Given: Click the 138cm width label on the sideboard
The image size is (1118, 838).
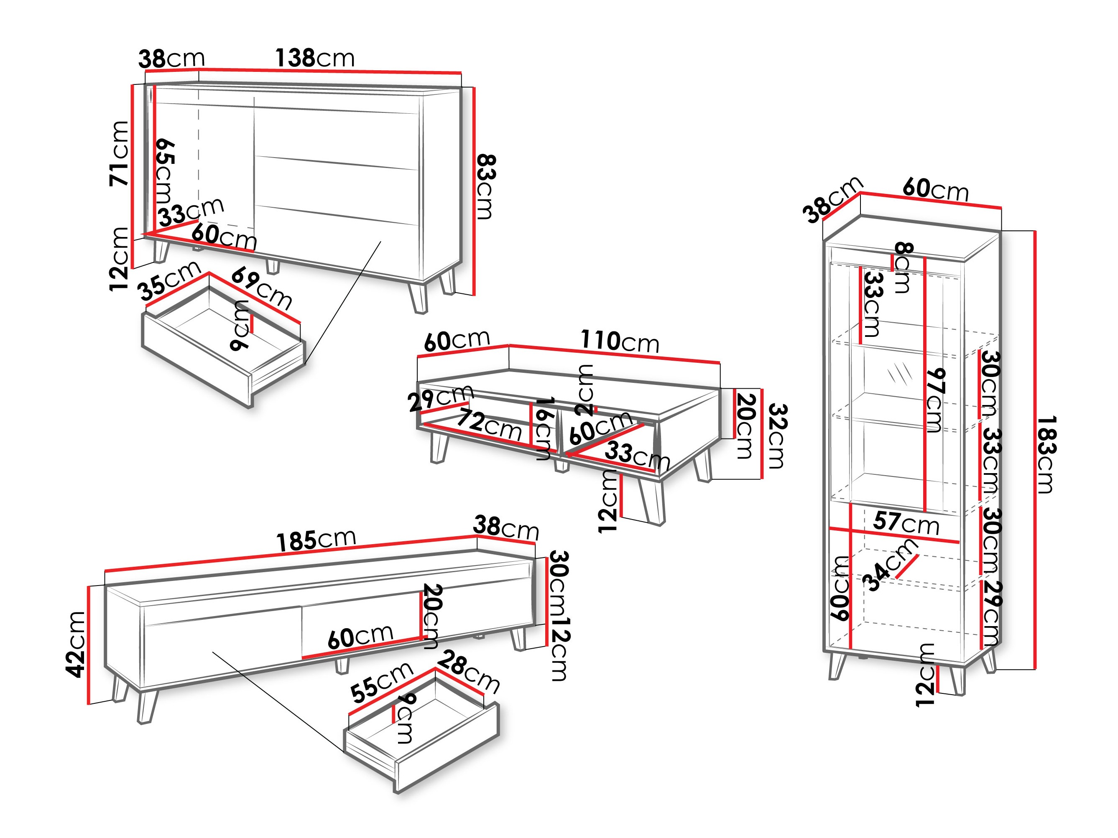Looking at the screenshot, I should pyautogui.click(x=314, y=58).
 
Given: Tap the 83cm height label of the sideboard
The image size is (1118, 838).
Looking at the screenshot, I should pyautogui.click(x=485, y=187).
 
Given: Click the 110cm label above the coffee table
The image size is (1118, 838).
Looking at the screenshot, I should pyautogui.click(x=620, y=341).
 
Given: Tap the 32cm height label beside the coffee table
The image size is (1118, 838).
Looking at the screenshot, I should pyautogui.click(x=777, y=436).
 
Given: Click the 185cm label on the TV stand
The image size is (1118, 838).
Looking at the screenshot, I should pyautogui.click(x=317, y=540).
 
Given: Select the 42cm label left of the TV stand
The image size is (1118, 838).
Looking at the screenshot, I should pyautogui.click(x=77, y=644).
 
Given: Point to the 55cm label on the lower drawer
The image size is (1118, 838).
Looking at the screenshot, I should pyautogui.click(x=382, y=682).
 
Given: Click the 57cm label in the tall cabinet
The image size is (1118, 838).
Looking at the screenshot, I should pyautogui.click(x=906, y=522).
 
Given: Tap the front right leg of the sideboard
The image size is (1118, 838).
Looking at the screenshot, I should pyautogui.click(x=419, y=298).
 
